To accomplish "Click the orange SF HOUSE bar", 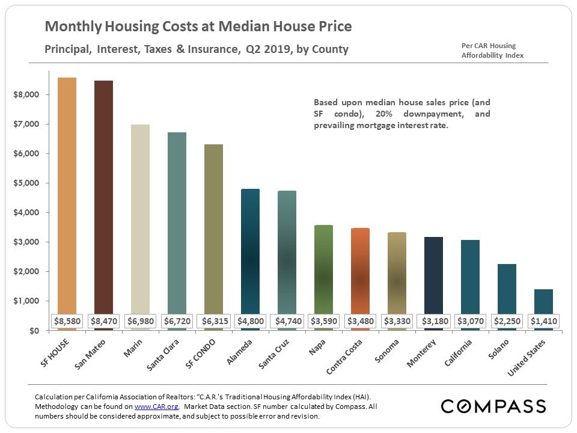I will click(x=67, y=192).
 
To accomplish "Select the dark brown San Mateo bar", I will click(x=103, y=192).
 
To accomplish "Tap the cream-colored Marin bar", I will click(x=140, y=216).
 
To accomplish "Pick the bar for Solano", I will click(x=506, y=289).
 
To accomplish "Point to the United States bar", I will click(x=543, y=301).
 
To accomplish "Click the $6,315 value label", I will click(x=215, y=321).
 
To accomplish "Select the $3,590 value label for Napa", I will click(x=324, y=321).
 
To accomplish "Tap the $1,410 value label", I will click(x=544, y=321).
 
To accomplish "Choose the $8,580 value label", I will click(x=67, y=321).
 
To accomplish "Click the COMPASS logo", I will click(x=493, y=406).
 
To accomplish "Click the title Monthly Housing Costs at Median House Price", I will click(x=198, y=27).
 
